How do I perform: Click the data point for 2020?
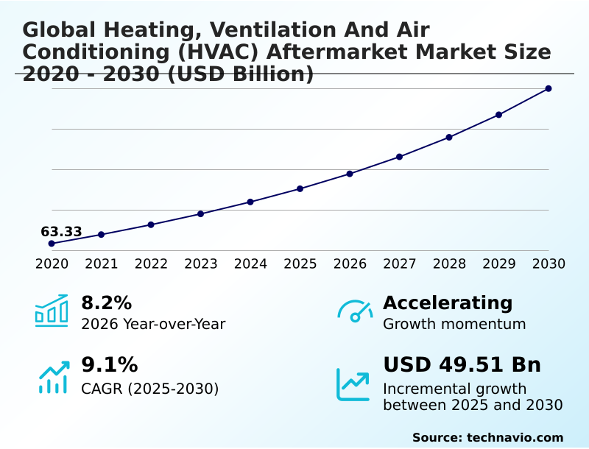point(52,244)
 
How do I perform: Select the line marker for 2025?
point(300,188)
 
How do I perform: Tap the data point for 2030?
point(549,88)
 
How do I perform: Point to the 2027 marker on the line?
point(400,157)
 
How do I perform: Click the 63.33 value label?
point(61,232)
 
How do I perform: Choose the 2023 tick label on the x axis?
point(201,264)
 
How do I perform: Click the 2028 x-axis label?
point(449,264)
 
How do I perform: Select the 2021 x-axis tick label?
point(102,264)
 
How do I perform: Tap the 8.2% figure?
point(106,303)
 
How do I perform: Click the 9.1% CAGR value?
point(109,365)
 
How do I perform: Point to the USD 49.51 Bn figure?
point(462,365)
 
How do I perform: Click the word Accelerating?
point(448,303)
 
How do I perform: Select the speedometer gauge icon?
point(355,311)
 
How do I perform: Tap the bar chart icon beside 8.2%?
point(52,311)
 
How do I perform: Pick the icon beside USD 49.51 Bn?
point(353,383)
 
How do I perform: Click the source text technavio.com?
point(515,437)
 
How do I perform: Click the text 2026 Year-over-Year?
point(153,324)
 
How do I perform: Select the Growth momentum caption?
point(454,324)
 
